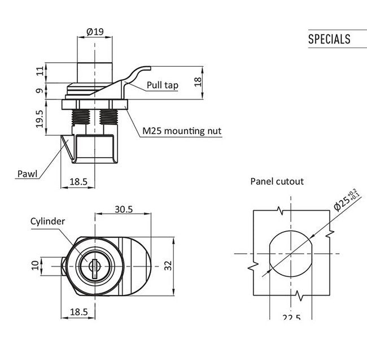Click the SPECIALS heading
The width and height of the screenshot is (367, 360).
329,39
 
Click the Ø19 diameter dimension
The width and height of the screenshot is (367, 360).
95,32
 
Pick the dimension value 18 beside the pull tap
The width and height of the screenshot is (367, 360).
197,81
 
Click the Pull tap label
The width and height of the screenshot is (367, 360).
163,85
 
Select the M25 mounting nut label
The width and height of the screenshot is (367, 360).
181,131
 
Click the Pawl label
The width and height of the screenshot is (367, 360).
27,174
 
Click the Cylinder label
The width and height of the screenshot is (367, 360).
48,221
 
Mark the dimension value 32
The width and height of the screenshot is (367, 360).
168,265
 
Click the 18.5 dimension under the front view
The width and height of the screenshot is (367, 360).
78,312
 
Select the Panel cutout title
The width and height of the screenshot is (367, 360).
277,181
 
